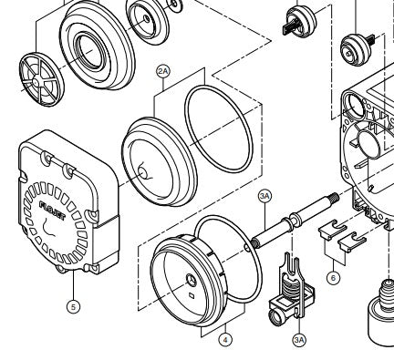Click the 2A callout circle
pos(163,71)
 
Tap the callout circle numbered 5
pos(73,306)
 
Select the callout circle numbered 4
pos(225,340)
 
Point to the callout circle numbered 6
pos(334,278)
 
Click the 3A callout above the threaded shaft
pos(264,196)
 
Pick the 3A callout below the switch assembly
pos(299,340)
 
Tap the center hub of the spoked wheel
pos(36,81)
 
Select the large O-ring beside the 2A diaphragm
pos(219,129)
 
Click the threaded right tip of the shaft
pos(336,197)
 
